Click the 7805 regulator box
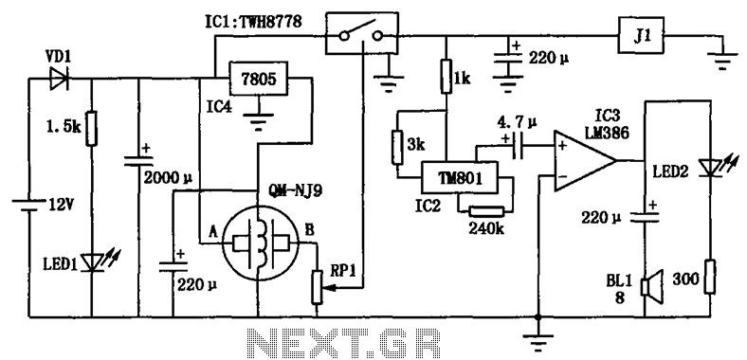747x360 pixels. pos(260,78)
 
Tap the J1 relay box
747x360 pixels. pos(641,35)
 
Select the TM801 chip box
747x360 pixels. pos(459,177)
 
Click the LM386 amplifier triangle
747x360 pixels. pos(585,160)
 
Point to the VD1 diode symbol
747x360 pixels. pos(60,79)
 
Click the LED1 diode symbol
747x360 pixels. pos(91,261)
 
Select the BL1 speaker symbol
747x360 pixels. pos(650,287)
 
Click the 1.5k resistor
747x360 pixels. pos(91,128)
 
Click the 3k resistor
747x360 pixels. pos(398,147)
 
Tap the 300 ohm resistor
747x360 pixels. pos(710,277)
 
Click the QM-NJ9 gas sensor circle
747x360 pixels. pos(257,245)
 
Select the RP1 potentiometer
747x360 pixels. pos(318,287)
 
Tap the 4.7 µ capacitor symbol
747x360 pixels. pos(517,145)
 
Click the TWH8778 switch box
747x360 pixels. pos(362,33)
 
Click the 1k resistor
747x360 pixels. pos(446,76)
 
